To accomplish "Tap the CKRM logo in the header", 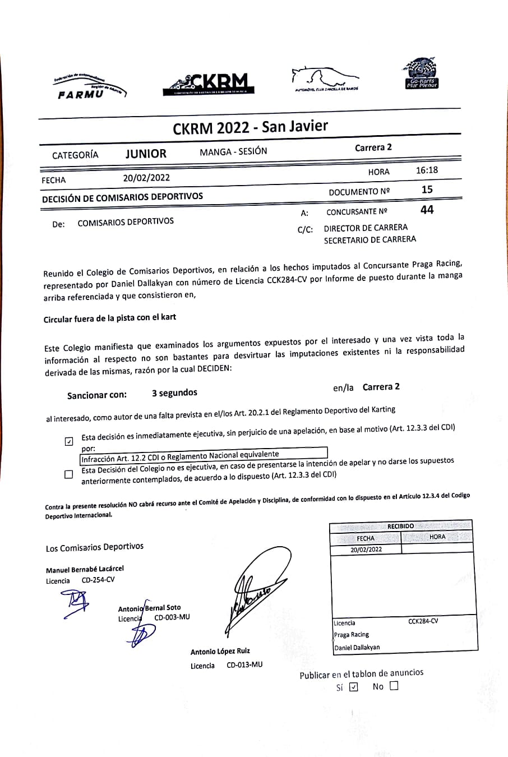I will pos(208,84).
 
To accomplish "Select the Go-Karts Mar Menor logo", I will pos(421,74).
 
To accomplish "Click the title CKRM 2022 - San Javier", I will pos(250,127).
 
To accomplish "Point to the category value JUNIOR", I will pos(146,154).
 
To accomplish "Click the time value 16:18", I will pos(427,170).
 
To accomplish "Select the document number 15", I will pos(427,190).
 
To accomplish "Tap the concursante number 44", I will pos(427,210).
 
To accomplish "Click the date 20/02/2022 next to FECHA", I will pos(146,178).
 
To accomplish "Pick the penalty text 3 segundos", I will pos(174,393).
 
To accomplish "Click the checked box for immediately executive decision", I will pos(69,441).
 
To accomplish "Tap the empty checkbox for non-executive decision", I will pos(69,474).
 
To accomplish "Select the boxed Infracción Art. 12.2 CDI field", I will pos(204,456).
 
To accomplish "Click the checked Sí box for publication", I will pos(353,687).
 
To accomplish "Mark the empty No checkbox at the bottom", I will pos(394,685).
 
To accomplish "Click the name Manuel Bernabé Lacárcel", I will pos(85,569).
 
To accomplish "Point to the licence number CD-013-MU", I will pos(244,665).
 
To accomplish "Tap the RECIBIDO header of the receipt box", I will pos(400,526).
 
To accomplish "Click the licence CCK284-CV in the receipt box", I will pos(423,621).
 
